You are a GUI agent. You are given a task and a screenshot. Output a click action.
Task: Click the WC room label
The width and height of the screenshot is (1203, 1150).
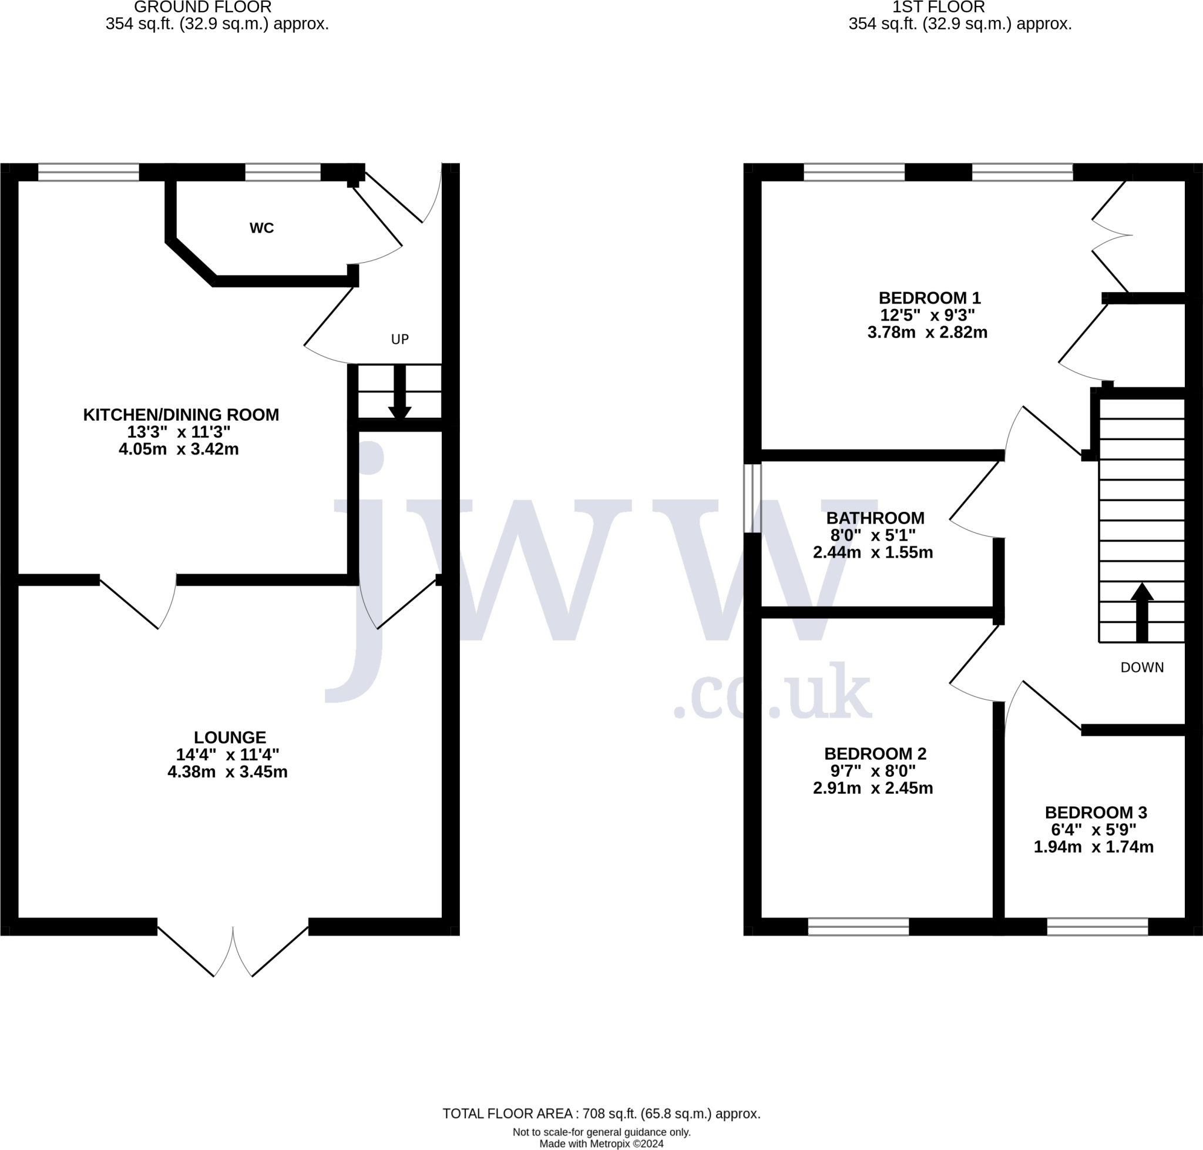coord(261,228)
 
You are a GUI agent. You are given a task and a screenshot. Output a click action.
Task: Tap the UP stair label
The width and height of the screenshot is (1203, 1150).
coord(399,339)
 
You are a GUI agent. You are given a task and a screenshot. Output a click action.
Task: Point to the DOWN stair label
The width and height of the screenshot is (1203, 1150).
coord(1142,668)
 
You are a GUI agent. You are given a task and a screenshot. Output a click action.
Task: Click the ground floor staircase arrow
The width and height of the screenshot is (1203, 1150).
coord(399,392)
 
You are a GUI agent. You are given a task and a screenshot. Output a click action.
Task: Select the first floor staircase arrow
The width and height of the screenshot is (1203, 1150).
coord(1142,612)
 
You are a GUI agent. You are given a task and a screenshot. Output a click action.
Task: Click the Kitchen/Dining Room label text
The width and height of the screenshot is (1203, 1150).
coord(181,415)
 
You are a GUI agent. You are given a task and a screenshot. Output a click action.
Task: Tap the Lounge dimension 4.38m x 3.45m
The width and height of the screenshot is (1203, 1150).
coord(227,772)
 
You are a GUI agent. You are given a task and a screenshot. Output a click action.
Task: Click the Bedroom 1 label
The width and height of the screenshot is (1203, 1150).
coord(930,298)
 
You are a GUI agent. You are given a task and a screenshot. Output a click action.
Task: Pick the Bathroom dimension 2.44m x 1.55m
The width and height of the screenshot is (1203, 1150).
coord(873,552)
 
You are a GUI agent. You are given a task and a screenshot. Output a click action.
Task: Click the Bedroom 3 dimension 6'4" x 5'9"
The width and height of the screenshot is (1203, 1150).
coord(1093,829)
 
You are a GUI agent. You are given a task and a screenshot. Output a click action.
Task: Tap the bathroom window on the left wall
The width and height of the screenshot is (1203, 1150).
coord(752,498)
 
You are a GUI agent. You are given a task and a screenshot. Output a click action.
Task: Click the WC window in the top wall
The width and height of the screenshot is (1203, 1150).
coord(283,172)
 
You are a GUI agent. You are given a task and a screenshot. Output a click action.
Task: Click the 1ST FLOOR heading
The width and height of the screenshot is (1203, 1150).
coord(938,8)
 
